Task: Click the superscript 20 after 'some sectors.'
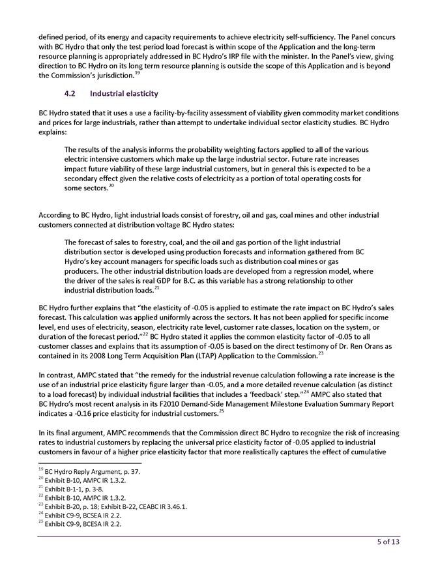pyautogui.click(x=111, y=186)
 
